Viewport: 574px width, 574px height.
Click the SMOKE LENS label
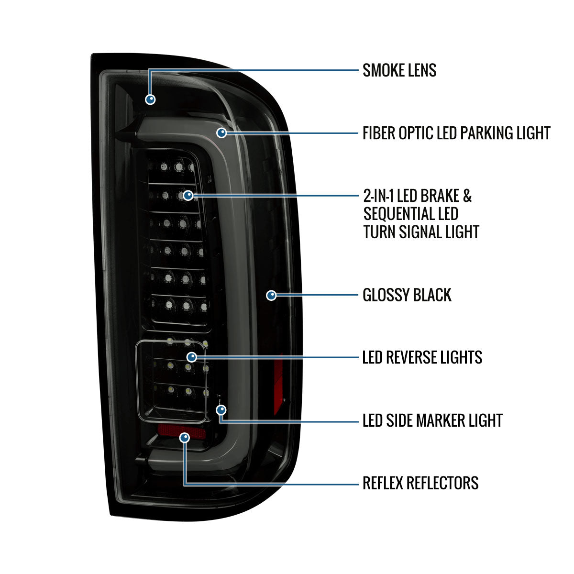(x=399, y=70)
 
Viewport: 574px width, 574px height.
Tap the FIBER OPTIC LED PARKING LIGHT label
(x=456, y=133)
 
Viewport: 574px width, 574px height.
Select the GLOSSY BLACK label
(x=407, y=295)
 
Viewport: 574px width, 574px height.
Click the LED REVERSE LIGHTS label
(x=422, y=357)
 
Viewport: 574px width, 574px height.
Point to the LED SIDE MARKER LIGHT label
(x=432, y=420)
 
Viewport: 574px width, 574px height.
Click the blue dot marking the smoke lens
(x=150, y=99)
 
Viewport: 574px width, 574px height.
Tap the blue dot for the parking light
(x=221, y=132)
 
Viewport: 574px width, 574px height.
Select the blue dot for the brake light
(x=188, y=196)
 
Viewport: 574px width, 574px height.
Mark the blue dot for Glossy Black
(x=271, y=295)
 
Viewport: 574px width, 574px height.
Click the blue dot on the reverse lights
(x=191, y=357)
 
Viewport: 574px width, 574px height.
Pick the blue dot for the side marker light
(x=221, y=410)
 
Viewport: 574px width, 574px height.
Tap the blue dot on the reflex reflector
(x=185, y=438)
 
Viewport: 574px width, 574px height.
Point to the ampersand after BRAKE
(x=467, y=196)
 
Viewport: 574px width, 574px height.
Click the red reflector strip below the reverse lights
(x=182, y=431)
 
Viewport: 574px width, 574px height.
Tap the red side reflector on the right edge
(x=278, y=384)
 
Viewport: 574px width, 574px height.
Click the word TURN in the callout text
(x=379, y=232)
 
